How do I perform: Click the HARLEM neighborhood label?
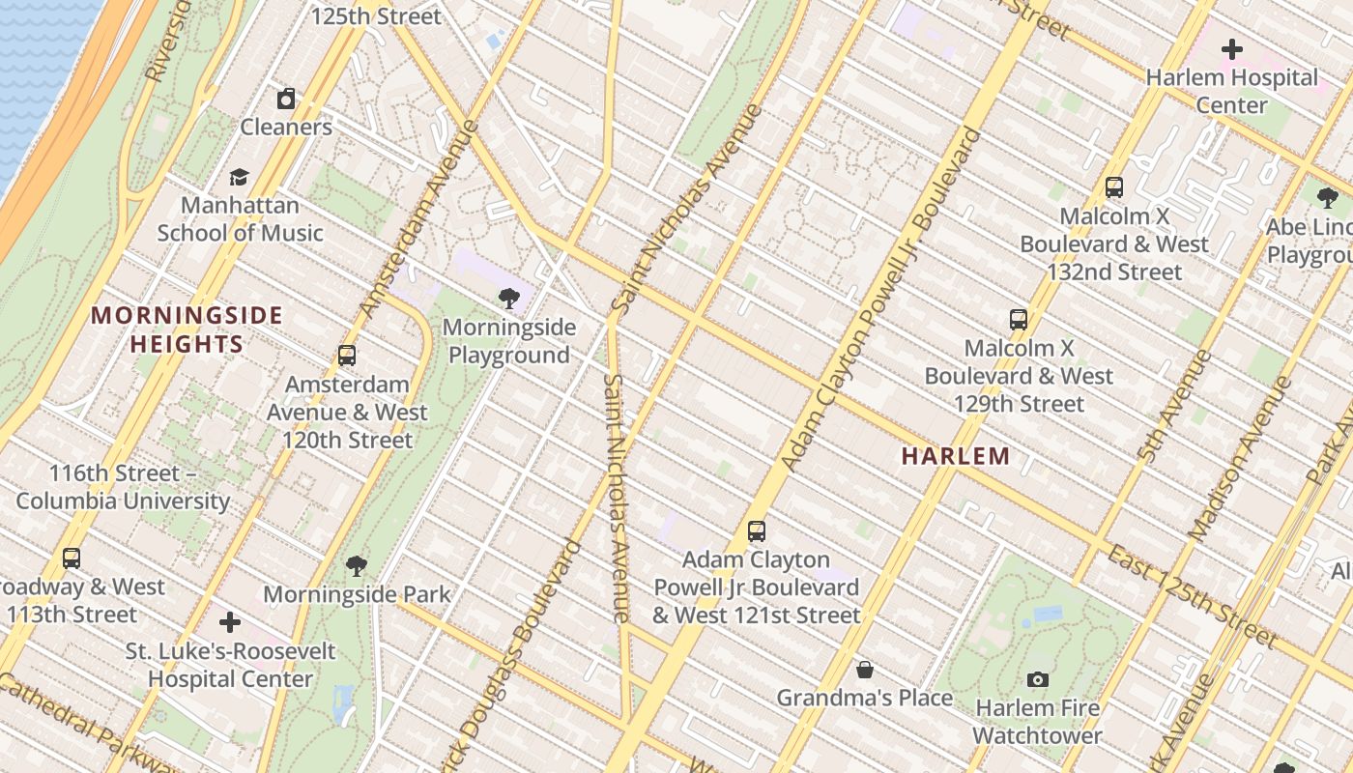pyautogui.click(x=956, y=456)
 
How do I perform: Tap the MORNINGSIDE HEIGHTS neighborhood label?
pyautogui.click(x=187, y=329)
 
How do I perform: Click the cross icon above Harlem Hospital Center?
pyautogui.click(x=1232, y=48)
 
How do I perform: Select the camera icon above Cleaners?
pyautogui.click(x=286, y=99)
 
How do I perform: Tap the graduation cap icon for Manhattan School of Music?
pyautogui.click(x=239, y=177)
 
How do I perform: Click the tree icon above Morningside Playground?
pyautogui.click(x=509, y=299)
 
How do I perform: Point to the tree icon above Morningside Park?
pyautogui.click(x=357, y=565)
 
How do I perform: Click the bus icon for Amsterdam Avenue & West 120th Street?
pyautogui.click(x=347, y=356)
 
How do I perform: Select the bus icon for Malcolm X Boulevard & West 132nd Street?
pyautogui.click(x=1114, y=187)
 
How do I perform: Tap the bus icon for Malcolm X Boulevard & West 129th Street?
pyautogui.click(x=1019, y=320)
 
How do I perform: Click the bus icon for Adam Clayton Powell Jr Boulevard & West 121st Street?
pyautogui.click(x=757, y=530)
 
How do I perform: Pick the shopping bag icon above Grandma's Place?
pyautogui.click(x=865, y=670)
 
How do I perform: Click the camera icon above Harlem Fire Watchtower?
pyautogui.click(x=1038, y=679)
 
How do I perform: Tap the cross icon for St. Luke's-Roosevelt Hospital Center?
pyautogui.click(x=230, y=622)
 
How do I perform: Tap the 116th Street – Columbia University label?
pyautogui.click(x=122, y=487)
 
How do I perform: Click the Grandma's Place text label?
pyautogui.click(x=865, y=698)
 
